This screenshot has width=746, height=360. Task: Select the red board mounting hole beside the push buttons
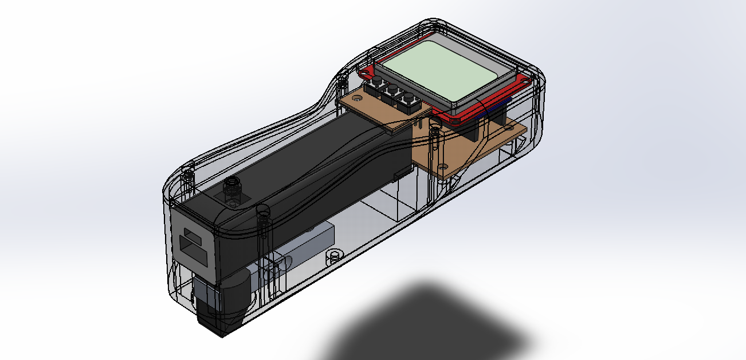click(364, 73)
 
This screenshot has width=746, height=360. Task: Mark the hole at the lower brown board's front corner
click(442, 166)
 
